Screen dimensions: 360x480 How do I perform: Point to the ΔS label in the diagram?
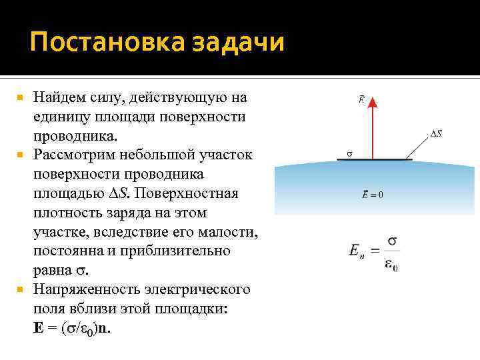[436, 134]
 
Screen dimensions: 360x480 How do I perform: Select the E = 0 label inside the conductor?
[373, 195]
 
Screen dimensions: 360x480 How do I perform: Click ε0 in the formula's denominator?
[391, 265]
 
